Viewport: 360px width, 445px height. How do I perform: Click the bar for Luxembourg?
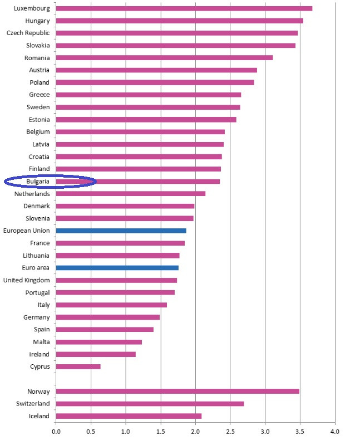click(x=184, y=8)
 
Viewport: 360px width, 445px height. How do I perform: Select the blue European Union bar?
click(x=121, y=231)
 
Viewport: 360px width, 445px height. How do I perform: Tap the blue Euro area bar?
click(x=117, y=268)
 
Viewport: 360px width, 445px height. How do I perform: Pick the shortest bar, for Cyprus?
click(x=78, y=366)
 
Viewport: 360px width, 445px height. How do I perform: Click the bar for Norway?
click(x=177, y=391)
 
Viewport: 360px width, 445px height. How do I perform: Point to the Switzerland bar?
click(x=150, y=403)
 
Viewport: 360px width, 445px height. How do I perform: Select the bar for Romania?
click(x=164, y=58)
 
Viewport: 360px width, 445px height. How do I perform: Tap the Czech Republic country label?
click(x=28, y=33)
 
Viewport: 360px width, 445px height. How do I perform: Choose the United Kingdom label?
click(x=26, y=280)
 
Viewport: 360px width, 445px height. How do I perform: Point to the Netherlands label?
click(x=32, y=194)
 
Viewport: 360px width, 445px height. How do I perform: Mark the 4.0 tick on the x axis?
click(x=334, y=431)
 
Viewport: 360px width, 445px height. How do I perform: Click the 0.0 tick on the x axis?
click(x=56, y=431)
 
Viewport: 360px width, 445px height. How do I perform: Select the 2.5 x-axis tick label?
click(x=230, y=431)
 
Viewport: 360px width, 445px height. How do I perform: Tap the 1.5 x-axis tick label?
click(x=160, y=431)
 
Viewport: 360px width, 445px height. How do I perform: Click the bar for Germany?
click(x=107, y=317)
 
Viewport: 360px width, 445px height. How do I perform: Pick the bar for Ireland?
click(x=95, y=354)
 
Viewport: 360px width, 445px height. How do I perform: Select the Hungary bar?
click(x=179, y=21)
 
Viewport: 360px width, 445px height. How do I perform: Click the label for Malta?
click(x=41, y=342)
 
